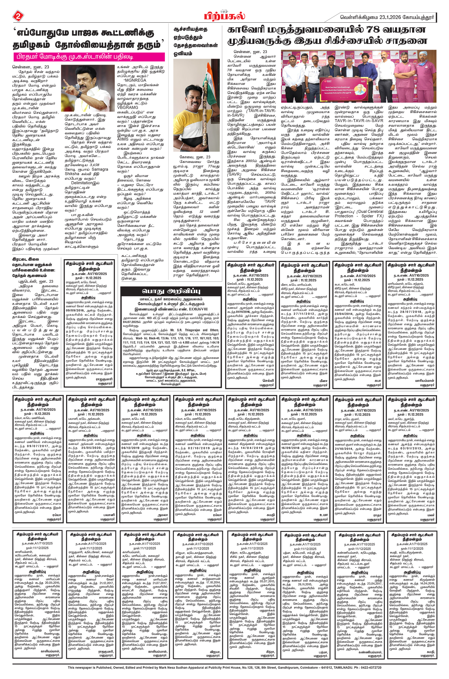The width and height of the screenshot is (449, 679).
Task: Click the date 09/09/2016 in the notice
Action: [x=77, y=310]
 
